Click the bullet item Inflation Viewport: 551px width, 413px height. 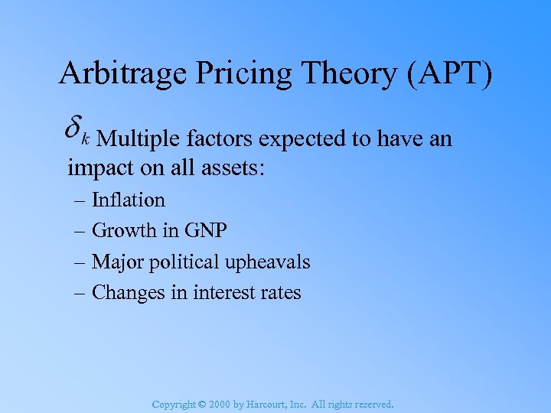[x=128, y=200]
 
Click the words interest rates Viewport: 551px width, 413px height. [x=247, y=293]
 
